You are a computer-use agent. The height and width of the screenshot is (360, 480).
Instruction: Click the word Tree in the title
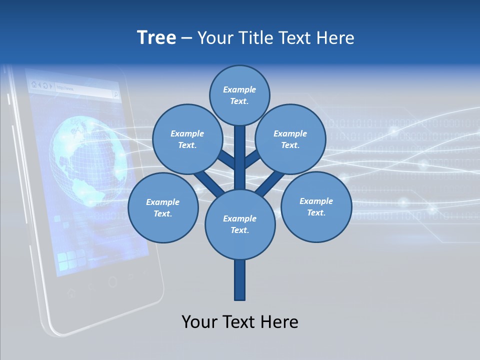pos(156,37)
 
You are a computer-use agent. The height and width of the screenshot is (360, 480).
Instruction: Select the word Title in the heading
pos(255,37)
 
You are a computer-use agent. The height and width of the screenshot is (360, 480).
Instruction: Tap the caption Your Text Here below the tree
pos(239,322)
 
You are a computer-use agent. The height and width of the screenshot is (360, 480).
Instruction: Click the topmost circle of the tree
pos(239,95)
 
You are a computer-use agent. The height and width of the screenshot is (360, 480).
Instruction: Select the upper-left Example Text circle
pos(187,139)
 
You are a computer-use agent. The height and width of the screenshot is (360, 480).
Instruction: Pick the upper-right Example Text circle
pos(290,139)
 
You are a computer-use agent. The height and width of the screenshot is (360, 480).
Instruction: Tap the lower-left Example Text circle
pos(162,207)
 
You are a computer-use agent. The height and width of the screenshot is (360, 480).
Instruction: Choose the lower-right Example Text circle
pos(316,206)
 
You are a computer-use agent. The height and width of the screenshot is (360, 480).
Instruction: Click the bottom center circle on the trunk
pos(239,224)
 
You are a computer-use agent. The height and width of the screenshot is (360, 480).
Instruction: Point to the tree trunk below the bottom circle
pos(239,280)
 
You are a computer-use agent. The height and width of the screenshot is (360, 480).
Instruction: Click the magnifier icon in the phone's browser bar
pos(115,93)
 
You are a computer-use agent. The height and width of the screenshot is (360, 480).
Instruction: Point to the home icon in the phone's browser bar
pos(34,84)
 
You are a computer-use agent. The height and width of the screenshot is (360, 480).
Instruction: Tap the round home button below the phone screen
pos(113,282)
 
